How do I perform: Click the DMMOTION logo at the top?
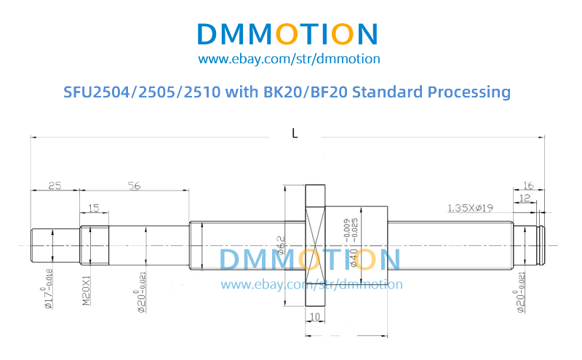(287, 34)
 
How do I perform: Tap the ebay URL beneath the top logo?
(289, 59)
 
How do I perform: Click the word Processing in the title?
(468, 92)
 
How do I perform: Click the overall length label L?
(294, 134)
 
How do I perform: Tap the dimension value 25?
(55, 185)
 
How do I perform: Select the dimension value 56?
(134, 185)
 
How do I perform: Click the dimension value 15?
(94, 208)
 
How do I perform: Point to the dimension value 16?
(529, 185)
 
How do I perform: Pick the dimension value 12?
(526, 199)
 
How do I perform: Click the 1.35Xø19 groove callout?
(470, 208)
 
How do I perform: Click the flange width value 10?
(314, 317)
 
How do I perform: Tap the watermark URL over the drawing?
(311, 284)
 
